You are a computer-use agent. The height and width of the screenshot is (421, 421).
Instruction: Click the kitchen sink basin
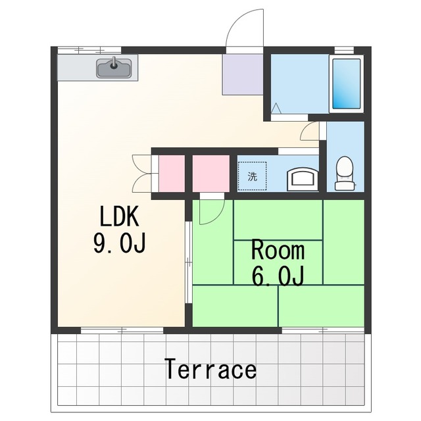pos(114,68)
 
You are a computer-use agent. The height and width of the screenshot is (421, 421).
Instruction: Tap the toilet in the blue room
pos(345,174)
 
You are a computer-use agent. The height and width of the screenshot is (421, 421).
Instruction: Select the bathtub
pos(347,84)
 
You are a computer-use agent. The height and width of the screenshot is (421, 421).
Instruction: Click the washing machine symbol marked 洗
pos(252,176)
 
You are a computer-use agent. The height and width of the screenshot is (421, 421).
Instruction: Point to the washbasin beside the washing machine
pos(303,180)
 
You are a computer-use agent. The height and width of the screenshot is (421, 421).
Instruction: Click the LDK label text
pos(120,216)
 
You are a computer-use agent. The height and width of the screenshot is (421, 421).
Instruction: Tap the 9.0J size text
pos(120,243)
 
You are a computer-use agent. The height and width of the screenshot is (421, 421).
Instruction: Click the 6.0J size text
pos(278,275)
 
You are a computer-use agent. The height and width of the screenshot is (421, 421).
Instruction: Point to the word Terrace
pos(210,369)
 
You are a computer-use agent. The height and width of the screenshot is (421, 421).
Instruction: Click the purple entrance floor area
pos(243,74)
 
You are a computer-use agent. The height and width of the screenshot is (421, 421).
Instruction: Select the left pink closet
pos(172,174)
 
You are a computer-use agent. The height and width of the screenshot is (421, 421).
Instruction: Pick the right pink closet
pos(211,174)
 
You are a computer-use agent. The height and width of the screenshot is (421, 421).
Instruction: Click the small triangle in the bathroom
pos(276,108)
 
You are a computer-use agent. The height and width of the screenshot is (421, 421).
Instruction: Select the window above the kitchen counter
pos(89,50)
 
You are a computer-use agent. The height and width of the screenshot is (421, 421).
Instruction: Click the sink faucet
pos(114,63)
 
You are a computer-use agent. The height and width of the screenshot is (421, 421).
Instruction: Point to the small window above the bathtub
pos(344,50)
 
